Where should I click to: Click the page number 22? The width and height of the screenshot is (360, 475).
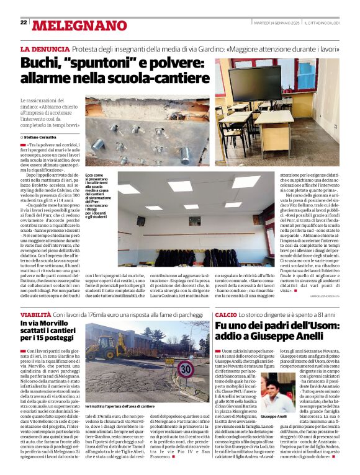point(24,22)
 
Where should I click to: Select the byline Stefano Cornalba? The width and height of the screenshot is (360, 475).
point(43,136)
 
